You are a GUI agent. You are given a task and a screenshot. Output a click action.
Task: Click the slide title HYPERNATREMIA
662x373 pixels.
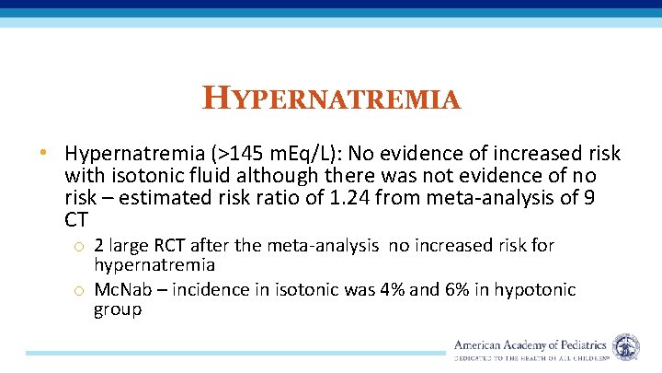(x=331, y=98)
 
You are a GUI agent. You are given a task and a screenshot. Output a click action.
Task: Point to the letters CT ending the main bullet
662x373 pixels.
(x=77, y=219)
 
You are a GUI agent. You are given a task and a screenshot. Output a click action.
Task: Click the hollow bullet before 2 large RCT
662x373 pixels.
(x=81, y=247)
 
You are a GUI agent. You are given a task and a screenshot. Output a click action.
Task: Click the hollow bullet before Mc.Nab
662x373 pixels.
(x=81, y=291)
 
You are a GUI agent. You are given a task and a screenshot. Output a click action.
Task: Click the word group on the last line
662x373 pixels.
(x=118, y=309)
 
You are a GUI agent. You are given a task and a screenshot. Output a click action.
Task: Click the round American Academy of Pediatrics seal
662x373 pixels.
(x=626, y=347)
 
